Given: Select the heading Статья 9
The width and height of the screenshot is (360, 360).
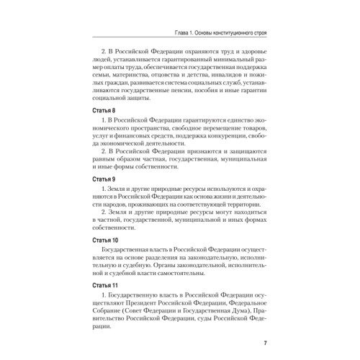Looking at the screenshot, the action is (x=104, y=176).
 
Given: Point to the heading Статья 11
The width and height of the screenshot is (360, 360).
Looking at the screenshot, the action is (x=106, y=287).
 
